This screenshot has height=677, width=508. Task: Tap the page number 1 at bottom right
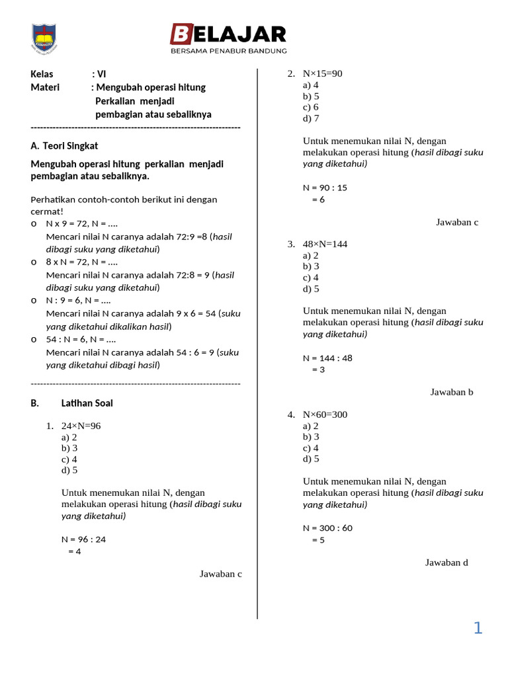[478, 628]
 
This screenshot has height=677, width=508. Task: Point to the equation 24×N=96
[81, 426]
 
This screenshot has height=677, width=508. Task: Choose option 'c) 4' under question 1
[69, 459]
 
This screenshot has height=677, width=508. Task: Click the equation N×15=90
[322, 73]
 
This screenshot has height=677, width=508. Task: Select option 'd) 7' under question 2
[311, 118]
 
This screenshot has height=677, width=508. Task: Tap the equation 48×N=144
[325, 244]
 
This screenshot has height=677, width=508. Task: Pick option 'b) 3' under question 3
[311, 266]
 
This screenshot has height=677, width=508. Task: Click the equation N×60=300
[325, 415]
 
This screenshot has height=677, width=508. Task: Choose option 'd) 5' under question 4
[311, 459]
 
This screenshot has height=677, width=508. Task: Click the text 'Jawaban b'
[452, 392]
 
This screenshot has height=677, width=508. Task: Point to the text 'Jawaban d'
[446, 563]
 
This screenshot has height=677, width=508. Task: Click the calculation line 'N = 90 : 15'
[325, 188]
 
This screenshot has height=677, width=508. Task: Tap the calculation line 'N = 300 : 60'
[327, 528]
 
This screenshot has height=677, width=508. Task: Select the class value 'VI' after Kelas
[101, 74]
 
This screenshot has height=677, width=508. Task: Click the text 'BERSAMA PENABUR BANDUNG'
[228, 51]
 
